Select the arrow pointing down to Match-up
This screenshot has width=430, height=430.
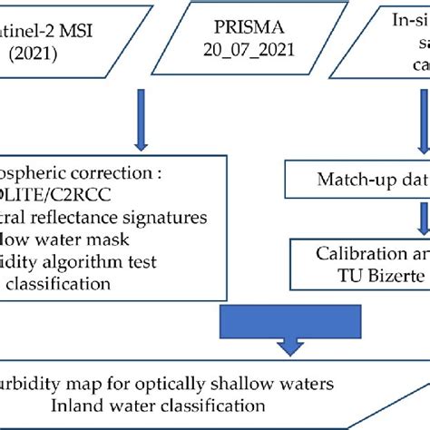(421, 109)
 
